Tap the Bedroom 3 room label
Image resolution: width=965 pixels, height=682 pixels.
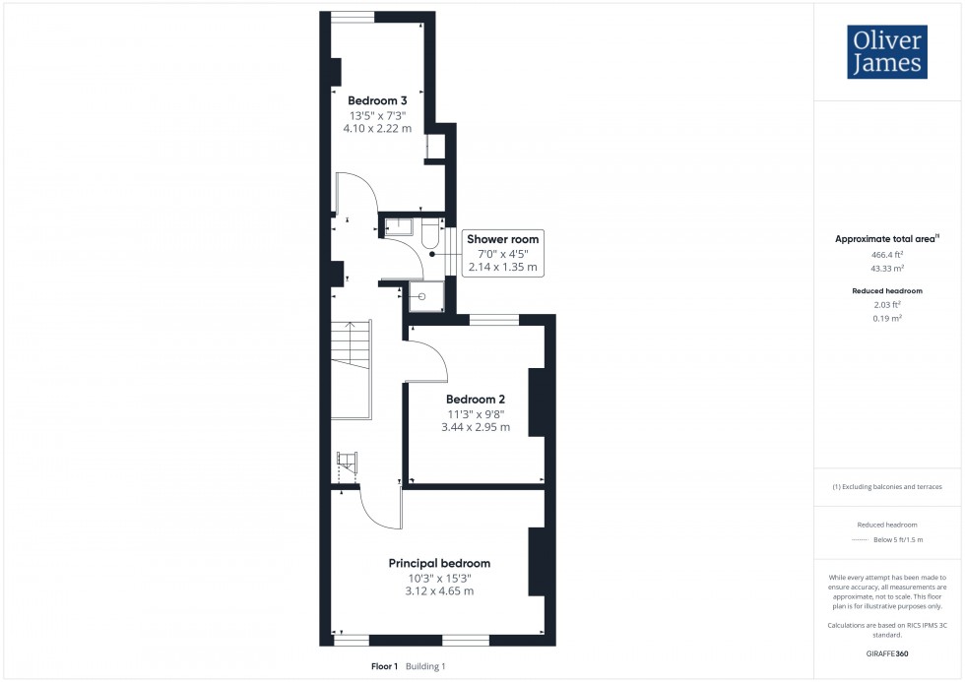[x=377, y=100]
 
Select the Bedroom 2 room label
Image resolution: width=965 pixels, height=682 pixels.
[x=476, y=399]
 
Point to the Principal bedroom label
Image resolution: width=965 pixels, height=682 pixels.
[x=439, y=563]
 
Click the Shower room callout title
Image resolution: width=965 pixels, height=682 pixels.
[x=503, y=239]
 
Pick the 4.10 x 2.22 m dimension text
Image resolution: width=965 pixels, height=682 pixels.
[x=377, y=129]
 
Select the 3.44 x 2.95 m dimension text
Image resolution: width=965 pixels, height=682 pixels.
[x=476, y=427]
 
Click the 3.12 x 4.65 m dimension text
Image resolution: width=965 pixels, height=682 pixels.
[x=439, y=591]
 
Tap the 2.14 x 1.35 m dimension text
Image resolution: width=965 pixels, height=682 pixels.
[x=503, y=268]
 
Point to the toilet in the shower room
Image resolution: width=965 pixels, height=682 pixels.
[x=431, y=237]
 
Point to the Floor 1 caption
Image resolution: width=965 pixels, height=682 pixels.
[x=384, y=666]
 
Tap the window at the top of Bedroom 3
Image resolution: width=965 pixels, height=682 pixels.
[x=353, y=16]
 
